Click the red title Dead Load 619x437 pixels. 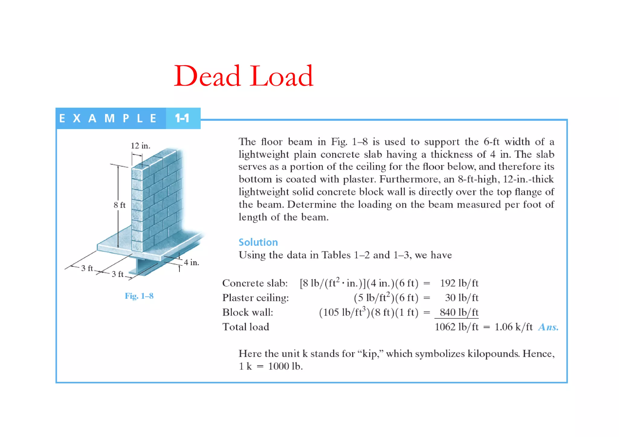click(244, 76)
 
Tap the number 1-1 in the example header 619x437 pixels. click(182, 118)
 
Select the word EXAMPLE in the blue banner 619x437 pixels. click(108, 118)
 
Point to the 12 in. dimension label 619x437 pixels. click(140, 146)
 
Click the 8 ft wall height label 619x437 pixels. click(119, 205)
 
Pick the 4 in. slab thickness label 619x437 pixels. click(191, 263)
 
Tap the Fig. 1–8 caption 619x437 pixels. click(139, 296)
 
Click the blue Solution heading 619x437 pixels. click(258, 242)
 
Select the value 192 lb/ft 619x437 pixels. click(459, 283)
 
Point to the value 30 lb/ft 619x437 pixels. click(462, 298)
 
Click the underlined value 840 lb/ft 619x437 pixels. click(459, 312)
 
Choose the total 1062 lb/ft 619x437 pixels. click(456, 327)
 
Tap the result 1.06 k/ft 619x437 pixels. click(513, 327)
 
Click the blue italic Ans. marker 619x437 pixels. click(548, 327)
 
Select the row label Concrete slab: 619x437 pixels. click(255, 283)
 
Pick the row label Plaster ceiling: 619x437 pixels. click(255, 298)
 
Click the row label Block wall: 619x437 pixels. click(248, 312)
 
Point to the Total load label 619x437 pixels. click(245, 327)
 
